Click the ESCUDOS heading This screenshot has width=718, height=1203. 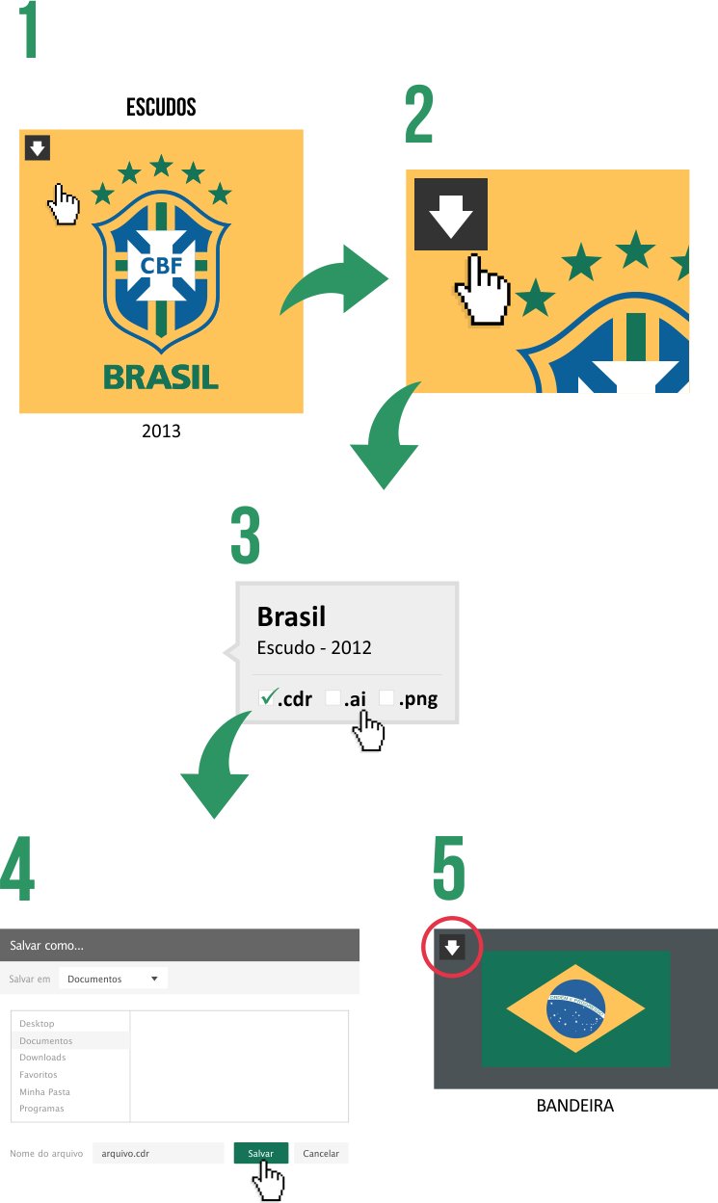[x=161, y=107]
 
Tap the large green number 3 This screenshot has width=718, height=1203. [x=246, y=537]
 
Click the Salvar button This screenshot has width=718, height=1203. [x=260, y=1153]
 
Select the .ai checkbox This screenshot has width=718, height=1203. [x=333, y=698]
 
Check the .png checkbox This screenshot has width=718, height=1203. [x=387, y=698]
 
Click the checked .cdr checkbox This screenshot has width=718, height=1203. [x=267, y=697]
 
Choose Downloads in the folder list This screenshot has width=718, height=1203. [x=42, y=1058]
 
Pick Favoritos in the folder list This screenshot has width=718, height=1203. [x=39, y=1075]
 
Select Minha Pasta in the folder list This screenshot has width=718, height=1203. [x=44, y=1092]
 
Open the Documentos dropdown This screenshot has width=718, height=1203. [x=113, y=979]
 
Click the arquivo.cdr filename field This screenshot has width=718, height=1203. [x=157, y=1153]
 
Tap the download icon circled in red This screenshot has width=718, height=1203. [x=452, y=948]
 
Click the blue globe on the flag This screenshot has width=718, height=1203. [x=575, y=1007]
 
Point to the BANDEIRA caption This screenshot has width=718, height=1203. [x=574, y=1106]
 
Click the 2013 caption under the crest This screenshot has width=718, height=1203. [x=161, y=432]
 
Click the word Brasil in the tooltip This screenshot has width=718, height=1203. [x=291, y=616]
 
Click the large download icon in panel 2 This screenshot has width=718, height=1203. [x=451, y=215]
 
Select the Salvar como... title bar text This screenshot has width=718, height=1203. [x=47, y=945]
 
